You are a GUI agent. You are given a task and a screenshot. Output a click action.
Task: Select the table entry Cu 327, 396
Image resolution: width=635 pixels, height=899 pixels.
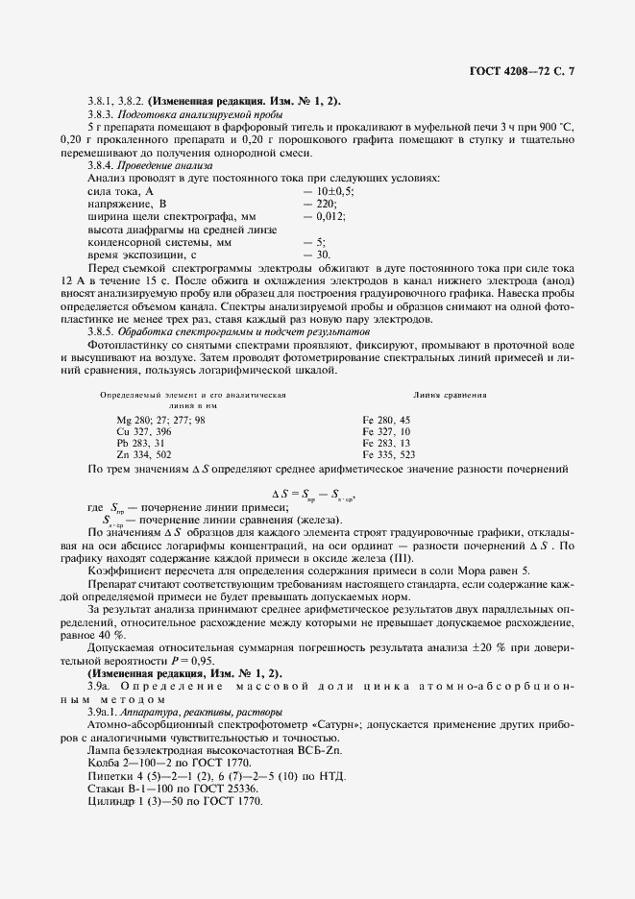click(x=144, y=431)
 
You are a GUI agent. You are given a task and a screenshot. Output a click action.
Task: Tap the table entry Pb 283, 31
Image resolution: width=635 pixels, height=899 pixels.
click(x=141, y=443)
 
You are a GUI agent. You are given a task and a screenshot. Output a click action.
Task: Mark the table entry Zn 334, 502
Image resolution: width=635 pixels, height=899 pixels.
click(x=144, y=454)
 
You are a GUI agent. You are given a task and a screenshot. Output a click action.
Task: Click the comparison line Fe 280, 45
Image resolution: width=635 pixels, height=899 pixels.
click(x=386, y=420)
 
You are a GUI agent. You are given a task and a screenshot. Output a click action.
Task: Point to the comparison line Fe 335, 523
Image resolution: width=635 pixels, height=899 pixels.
click(x=389, y=454)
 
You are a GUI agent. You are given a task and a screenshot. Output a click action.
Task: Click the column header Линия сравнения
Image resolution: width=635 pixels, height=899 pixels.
click(x=450, y=395)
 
